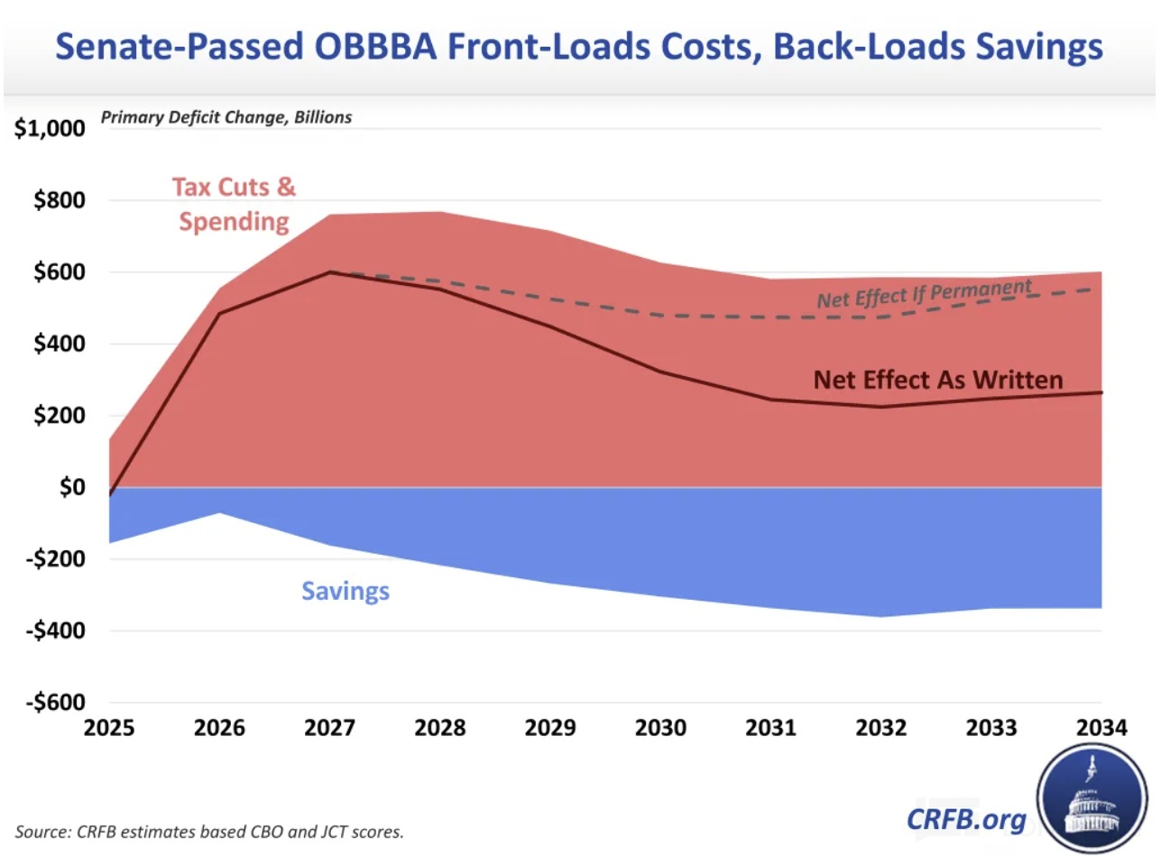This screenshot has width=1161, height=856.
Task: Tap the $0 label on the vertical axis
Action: pyautogui.click(x=69, y=488)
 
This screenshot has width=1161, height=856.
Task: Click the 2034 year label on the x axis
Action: pyautogui.click(x=1101, y=728)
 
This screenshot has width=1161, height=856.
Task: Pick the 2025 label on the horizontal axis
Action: pyautogui.click(x=109, y=728)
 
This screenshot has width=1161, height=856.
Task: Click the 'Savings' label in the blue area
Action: pyautogui.click(x=346, y=592)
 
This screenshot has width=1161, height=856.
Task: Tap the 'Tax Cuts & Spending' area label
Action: pyautogui.click(x=234, y=204)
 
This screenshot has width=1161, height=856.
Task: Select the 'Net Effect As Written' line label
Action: pyautogui.click(x=938, y=380)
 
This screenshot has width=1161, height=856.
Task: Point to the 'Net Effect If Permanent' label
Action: pyautogui.click(x=924, y=294)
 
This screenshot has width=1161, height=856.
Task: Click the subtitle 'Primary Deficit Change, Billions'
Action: pyautogui.click(x=226, y=117)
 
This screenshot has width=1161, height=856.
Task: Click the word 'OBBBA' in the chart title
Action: pyautogui.click(x=449, y=46)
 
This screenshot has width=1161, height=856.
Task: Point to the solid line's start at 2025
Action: pyautogui.click(x=110, y=495)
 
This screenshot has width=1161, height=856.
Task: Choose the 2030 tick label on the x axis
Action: pyautogui.click(x=662, y=728)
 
